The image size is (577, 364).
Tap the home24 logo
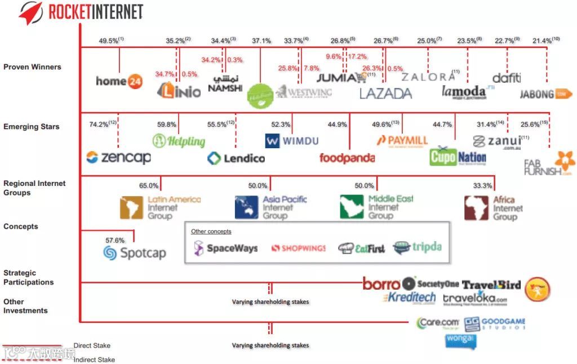click(x=119, y=81)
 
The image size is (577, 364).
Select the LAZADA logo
click(x=385, y=94)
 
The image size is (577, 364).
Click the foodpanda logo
click(x=347, y=158)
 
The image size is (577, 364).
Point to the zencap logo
click(x=118, y=157)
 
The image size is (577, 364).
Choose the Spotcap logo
click(x=135, y=253)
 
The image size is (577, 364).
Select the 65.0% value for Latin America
click(x=149, y=185)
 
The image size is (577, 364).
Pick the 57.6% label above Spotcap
click(x=115, y=240)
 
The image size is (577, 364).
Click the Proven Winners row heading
click(x=32, y=67)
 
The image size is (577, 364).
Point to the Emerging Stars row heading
click(x=31, y=127)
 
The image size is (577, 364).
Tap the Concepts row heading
click(x=21, y=227)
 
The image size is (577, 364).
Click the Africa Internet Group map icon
click(x=476, y=207)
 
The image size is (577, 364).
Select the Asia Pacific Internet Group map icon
click(x=246, y=207)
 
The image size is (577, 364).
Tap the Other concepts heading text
click(x=211, y=232)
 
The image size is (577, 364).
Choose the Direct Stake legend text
click(x=92, y=345)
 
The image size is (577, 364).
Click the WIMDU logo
click(x=292, y=141)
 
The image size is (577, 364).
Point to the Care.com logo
click(x=438, y=323)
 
